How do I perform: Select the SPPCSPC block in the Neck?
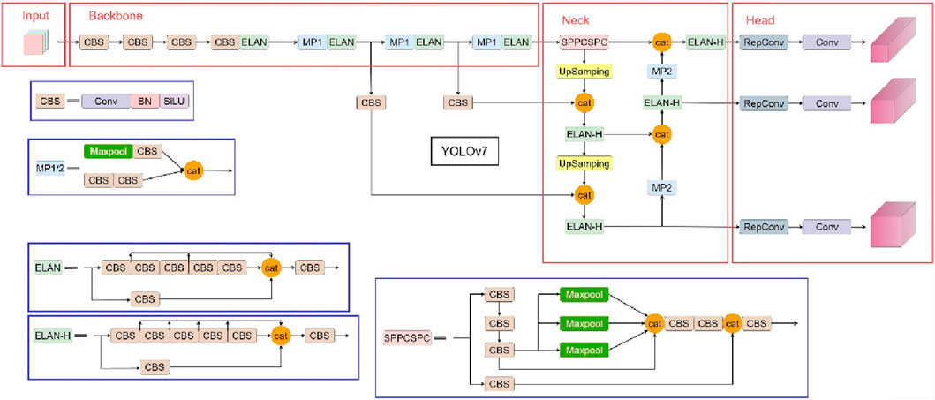click(x=584, y=42)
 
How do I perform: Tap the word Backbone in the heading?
click(x=116, y=17)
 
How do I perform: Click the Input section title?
click(x=36, y=17)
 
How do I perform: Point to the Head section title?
click(x=761, y=19)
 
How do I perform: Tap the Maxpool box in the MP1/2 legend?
click(x=109, y=151)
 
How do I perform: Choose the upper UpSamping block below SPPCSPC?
click(x=584, y=72)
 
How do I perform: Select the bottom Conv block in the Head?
click(x=826, y=227)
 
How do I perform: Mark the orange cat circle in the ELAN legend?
click(x=273, y=267)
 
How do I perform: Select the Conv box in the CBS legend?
click(x=105, y=102)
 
